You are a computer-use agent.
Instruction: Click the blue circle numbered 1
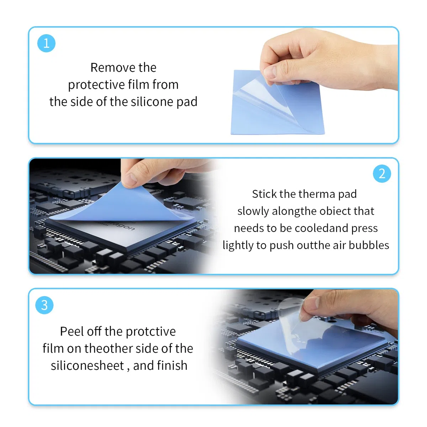(x=46, y=43)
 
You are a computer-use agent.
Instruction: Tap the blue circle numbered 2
(x=382, y=174)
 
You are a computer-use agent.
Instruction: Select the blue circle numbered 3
(x=44, y=305)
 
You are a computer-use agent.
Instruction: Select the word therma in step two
(x=317, y=194)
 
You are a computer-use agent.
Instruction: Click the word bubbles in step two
(x=369, y=245)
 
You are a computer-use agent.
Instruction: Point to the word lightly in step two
(x=238, y=246)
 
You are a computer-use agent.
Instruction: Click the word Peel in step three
(x=72, y=331)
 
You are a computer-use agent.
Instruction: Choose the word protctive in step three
(x=151, y=332)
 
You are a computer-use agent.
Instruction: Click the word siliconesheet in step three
(x=87, y=365)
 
